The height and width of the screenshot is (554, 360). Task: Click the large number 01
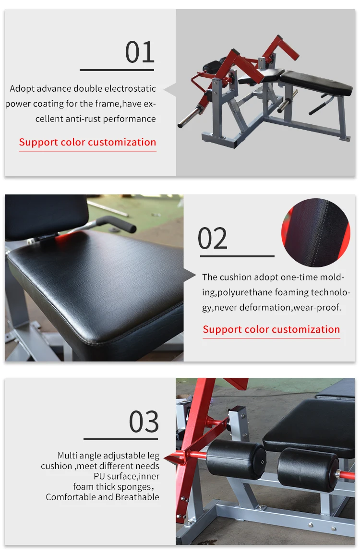(x=140, y=52)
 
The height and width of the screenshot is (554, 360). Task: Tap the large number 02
(x=212, y=239)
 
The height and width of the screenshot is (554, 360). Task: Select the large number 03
(x=144, y=422)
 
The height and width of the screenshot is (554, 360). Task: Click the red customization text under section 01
(x=88, y=142)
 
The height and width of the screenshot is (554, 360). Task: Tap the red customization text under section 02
(x=271, y=329)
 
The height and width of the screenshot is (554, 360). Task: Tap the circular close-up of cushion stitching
(x=315, y=232)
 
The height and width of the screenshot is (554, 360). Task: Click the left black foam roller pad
(x=236, y=459)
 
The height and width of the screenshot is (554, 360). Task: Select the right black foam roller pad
(x=308, y=470)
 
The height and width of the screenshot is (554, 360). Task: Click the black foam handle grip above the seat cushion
(x=116, y=224)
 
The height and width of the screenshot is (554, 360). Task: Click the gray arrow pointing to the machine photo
(x=170, y=90)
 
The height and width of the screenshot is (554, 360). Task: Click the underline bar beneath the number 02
(x=237, y=256)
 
